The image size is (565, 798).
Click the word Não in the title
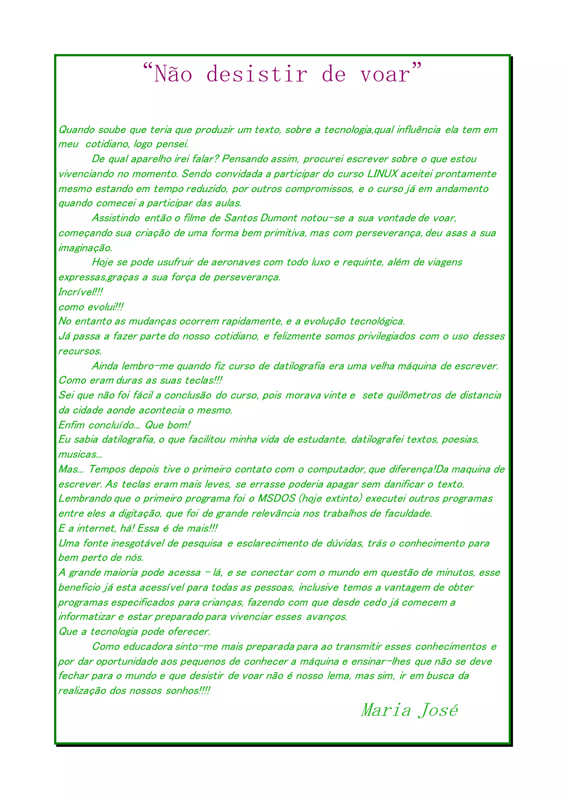coord(173,74)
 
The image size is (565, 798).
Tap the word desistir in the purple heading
coord(257,74)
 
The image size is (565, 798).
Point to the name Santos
coord(241,218)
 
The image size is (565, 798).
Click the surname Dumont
coord(279,218)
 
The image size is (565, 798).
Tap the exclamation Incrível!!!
coord(80,292)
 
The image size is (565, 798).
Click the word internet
coord(96,528)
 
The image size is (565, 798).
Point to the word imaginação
coord(85,248)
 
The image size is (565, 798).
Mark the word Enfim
coord(71,425)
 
